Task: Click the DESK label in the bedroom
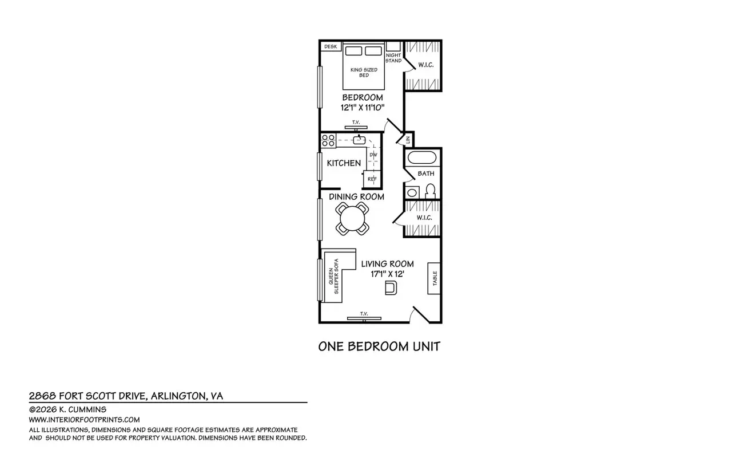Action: [331, 46]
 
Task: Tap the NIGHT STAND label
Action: [393, 58]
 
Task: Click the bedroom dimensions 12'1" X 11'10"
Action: [363, 107]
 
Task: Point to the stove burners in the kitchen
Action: [328, 140]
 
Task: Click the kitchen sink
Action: [359, 140]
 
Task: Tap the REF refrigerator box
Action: [372, 179]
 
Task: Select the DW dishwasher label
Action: [373, 155]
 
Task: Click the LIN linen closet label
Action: [408, 140]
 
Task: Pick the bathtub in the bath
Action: [422, 157]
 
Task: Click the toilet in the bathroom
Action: [430, 191]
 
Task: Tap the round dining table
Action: [352, 219]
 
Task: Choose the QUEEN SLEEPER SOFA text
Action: [333, 276]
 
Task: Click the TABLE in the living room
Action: [434, 278]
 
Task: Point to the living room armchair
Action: [391, 287]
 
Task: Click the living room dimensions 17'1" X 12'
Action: [387, 274]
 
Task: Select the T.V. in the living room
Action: [364, 318]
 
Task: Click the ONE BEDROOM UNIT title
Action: [379, 346]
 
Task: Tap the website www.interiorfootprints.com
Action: [84, 420]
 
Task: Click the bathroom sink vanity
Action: [412, 192]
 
